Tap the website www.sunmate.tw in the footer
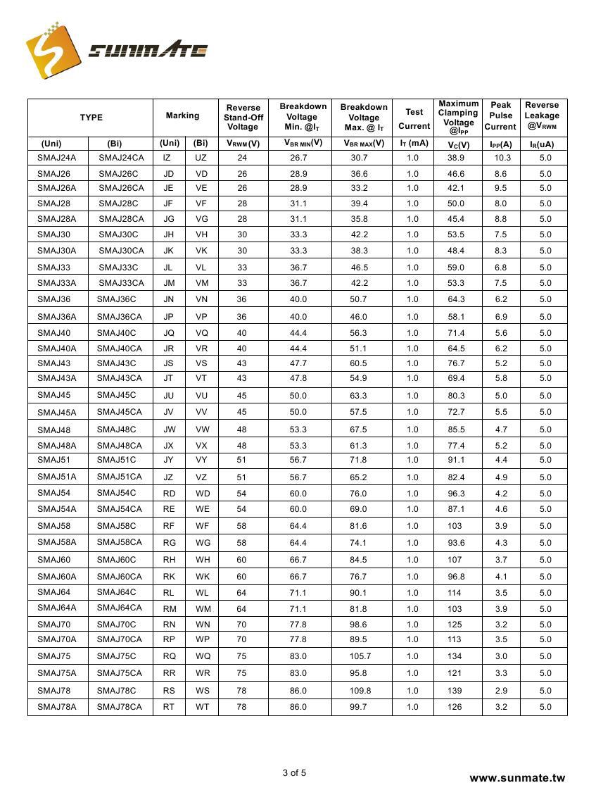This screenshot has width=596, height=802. tap(517, 778)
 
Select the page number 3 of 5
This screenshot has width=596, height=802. tap(294, 773)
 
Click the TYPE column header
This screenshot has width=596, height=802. tap(91, 118)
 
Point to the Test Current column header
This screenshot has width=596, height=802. tap(414, 118)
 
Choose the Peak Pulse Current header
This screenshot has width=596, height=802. tap(500, 115)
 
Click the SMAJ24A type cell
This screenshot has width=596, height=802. tap(57, 158)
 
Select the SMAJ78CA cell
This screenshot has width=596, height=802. tap(119, 707)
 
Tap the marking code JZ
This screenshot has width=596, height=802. tap(169, 477)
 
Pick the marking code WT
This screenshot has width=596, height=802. tap(202, 707)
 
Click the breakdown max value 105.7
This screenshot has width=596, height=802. tap(359, 656)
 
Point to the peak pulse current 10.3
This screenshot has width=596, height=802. tap(500, 158)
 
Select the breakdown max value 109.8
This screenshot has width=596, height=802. tap(359, 691)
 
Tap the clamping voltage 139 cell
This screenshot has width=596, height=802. tap(455, 691)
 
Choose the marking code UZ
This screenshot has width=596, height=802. tap(201, 158)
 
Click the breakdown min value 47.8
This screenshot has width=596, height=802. tap(298, 378)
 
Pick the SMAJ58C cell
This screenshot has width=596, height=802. tap(116, 526)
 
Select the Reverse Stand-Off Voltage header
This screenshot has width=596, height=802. tap(243, 117)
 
